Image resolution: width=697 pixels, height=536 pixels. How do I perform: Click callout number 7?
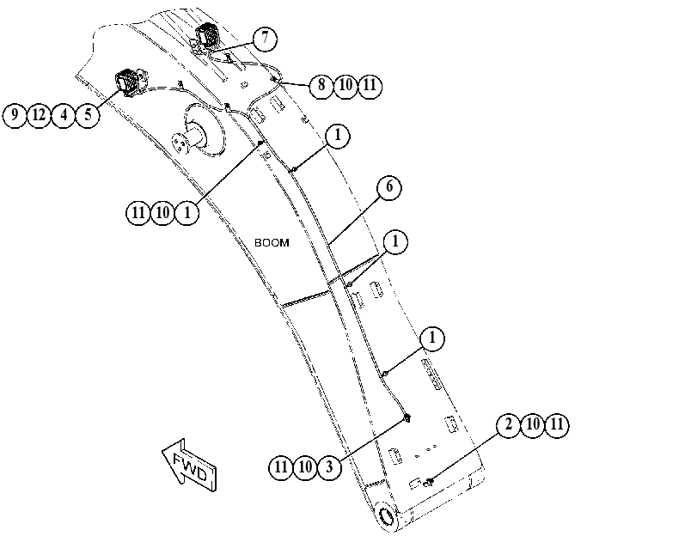tap(265, 39)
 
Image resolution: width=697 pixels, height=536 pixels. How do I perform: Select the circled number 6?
tap(389, 187)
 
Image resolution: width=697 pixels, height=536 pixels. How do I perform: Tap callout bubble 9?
tap(15, 115)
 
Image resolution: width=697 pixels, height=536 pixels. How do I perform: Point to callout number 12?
tap(40, 115)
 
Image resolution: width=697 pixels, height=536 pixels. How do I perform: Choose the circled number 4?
tap(64, 115)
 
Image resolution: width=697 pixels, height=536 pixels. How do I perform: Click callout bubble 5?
tap(88, 115)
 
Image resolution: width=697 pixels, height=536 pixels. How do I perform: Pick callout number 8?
tap(321, 85)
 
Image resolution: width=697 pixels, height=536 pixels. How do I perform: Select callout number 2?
tap(509, 425)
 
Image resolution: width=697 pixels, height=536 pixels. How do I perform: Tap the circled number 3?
tap(329, 467)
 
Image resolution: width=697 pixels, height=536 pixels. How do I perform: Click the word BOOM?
tap(272, 243)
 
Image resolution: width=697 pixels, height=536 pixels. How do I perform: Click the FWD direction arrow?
tap(189, 465)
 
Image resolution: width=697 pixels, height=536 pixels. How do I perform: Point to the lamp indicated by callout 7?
tap(207, 36)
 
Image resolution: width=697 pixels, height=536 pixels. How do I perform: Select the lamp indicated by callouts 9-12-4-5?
tap(128, 82)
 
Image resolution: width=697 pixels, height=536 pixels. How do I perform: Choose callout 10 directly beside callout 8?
tap(345, 85)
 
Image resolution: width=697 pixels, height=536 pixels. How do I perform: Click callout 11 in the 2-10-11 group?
tap(557, 425)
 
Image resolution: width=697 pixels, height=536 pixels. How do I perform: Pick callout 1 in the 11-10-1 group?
tap(186, 213)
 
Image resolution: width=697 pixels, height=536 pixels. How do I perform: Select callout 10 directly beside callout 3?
tap(305, 467)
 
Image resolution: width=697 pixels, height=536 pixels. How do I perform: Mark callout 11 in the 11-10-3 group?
tap(281, 467)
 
